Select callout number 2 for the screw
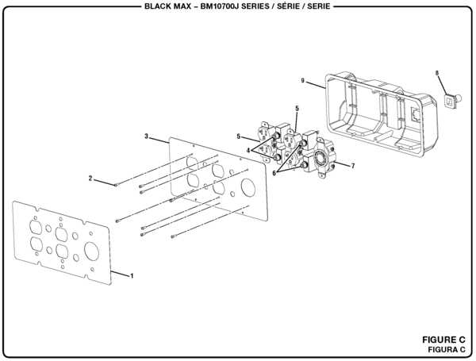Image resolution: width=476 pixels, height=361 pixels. (x=90, y=178)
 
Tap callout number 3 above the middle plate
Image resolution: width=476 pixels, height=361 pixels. (x=147, y=136)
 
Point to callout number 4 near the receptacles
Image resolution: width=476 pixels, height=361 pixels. (x=248, y=149)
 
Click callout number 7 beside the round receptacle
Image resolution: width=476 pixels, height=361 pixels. (x=353, y=166)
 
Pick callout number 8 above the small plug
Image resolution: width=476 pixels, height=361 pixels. (x=437, y=73)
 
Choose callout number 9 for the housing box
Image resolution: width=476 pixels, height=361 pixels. (x=303, y=80)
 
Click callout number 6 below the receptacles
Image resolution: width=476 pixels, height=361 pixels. (x=275, y=172)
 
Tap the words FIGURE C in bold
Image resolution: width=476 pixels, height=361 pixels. (x=444, y=340)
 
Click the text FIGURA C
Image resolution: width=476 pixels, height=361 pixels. (x=445, y=349)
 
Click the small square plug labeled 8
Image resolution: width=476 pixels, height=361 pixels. (x=451, y=99)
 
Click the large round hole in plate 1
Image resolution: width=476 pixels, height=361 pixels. (x=90, y=252)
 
